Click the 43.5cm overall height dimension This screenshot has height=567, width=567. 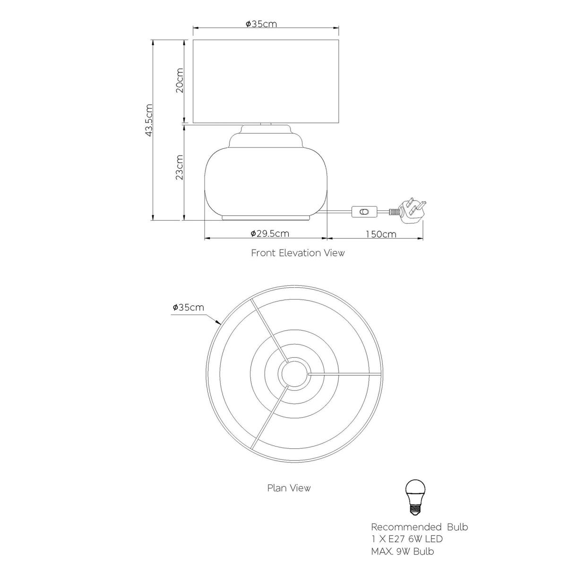coord(149,120)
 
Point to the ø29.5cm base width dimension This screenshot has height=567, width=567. coord(270,233)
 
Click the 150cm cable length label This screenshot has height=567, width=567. coord(381,234)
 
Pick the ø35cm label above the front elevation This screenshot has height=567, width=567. coord(261,24)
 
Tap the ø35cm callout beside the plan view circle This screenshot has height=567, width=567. coord(189,308)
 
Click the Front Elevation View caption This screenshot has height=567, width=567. coord(298,253)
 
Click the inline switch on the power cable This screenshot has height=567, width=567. coord(364,212)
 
